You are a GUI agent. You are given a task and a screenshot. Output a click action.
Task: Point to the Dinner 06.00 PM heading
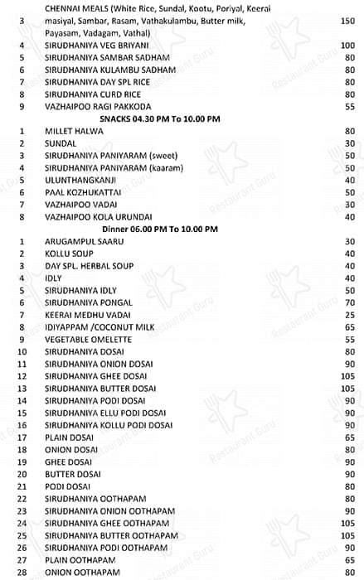(x=160, y=228)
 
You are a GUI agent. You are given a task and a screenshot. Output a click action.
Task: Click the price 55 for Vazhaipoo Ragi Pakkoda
(x=348, y=106)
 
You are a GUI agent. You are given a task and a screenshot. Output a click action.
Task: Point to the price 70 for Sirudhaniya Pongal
(x=348, y=303)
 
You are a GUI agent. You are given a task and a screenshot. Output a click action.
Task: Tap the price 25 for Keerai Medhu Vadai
(x=348, y=316)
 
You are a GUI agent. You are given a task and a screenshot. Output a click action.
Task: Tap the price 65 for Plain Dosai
(x=348, y=437)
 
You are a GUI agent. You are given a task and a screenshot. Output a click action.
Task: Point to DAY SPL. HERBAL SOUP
(x=87, y=265)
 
